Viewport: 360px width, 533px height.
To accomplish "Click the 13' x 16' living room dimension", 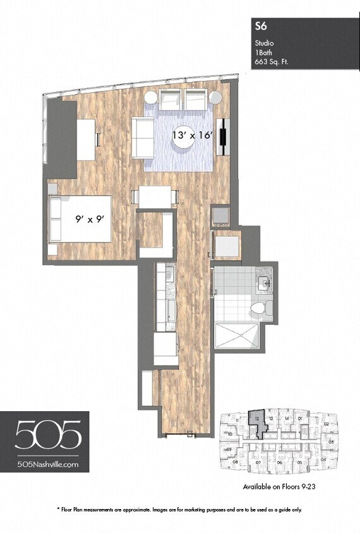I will tap(193, 135).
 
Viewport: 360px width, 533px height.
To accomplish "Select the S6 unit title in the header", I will tap(259, 26).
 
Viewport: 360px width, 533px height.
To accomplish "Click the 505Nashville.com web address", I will tap(49, 464).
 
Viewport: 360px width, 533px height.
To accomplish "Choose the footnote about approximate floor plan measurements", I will tap(180, 509).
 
